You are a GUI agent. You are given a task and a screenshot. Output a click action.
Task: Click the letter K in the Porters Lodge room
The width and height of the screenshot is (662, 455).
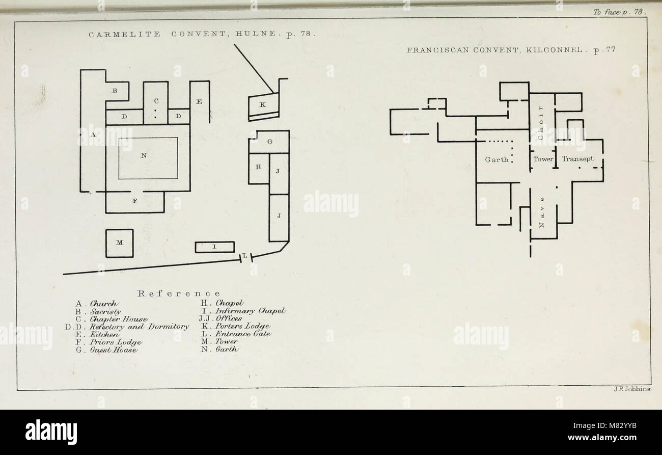coord(262,104)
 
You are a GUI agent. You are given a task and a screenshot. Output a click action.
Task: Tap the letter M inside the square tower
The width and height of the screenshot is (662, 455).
coord(119,243)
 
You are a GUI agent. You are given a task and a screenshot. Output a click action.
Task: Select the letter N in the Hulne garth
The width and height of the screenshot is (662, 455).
coord(144,155)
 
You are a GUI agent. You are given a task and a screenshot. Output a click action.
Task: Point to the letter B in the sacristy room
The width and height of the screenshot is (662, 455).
coord(115,91)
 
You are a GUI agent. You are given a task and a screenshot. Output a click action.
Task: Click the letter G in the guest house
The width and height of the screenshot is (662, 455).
coord(270,142)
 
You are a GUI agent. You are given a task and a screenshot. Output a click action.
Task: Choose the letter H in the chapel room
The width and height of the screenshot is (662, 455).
coord(258,167)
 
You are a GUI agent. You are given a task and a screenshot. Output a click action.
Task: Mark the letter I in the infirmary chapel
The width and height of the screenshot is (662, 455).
coord(215,247)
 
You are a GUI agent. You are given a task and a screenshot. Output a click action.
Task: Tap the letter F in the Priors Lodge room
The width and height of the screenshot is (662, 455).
coord(134,201)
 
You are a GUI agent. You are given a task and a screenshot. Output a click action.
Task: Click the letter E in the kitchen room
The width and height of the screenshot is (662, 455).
coord(199,102)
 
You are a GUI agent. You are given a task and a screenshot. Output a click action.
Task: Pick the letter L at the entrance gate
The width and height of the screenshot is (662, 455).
coord(245,255)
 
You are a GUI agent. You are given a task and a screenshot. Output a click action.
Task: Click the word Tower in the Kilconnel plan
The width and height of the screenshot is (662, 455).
coord(543,159)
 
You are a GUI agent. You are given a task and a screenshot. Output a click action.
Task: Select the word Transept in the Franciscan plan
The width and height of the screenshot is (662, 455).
coord(578,159)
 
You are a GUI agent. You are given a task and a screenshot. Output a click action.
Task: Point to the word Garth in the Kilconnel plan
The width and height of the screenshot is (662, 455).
coord(497,159)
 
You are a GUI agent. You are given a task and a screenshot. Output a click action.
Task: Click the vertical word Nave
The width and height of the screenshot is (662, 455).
coord(542,212)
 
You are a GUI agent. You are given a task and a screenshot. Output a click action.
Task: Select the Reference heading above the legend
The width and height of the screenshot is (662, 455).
coord(179,293)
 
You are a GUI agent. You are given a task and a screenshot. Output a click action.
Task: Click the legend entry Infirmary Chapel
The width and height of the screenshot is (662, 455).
coord(251,311)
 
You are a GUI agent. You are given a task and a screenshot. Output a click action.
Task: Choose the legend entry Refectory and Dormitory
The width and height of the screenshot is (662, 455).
coord(139,327)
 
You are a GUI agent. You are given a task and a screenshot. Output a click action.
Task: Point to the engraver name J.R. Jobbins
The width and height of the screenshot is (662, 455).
coord(632,389)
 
